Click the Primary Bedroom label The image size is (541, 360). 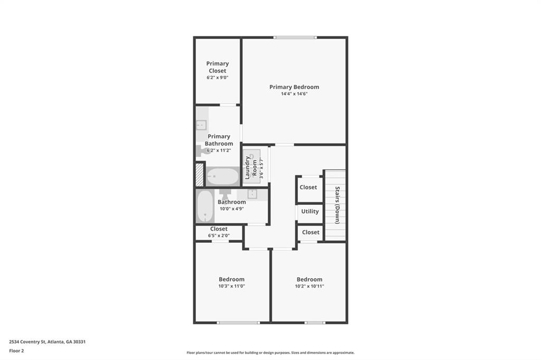(x=294, y=87)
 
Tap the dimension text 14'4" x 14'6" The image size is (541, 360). (x=294, y=94)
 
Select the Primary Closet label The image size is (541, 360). (x=217, y=67)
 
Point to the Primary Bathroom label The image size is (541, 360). (x=219, y=140)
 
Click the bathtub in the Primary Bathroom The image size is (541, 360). (x=222, y=176)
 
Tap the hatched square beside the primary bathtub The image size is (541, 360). (x=199, y=175)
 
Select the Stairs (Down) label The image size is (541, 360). (x=337, y=205)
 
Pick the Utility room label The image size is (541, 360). (x=310, y=211)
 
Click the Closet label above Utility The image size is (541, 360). (x=308, y=187)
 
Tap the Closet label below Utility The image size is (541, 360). (x=311, y=232)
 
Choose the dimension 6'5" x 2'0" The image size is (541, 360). (x=219, y=235)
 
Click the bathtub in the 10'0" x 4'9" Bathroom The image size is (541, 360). (x=205, y=206)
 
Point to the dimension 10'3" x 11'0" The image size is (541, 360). (x=231, y=286)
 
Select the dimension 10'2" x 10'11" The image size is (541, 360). (x=310, y=286)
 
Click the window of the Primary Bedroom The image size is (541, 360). (x=295, y=37)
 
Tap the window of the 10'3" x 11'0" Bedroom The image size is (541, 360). (x=238, y=323)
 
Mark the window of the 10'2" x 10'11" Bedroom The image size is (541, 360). (x=315, y=323)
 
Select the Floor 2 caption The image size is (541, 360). (x=16, y=350)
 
